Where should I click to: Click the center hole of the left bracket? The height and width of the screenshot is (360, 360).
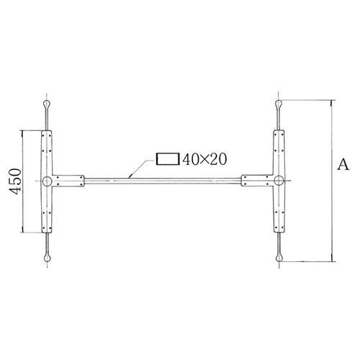coord(47,181)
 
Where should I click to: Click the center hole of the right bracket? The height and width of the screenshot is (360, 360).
coord(280,181)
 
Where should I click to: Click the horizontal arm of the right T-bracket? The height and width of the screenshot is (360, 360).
coord(258,181)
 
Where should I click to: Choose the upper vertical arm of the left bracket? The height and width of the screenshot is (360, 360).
coord(47,151)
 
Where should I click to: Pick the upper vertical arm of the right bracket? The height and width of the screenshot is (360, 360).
coord(280,151)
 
